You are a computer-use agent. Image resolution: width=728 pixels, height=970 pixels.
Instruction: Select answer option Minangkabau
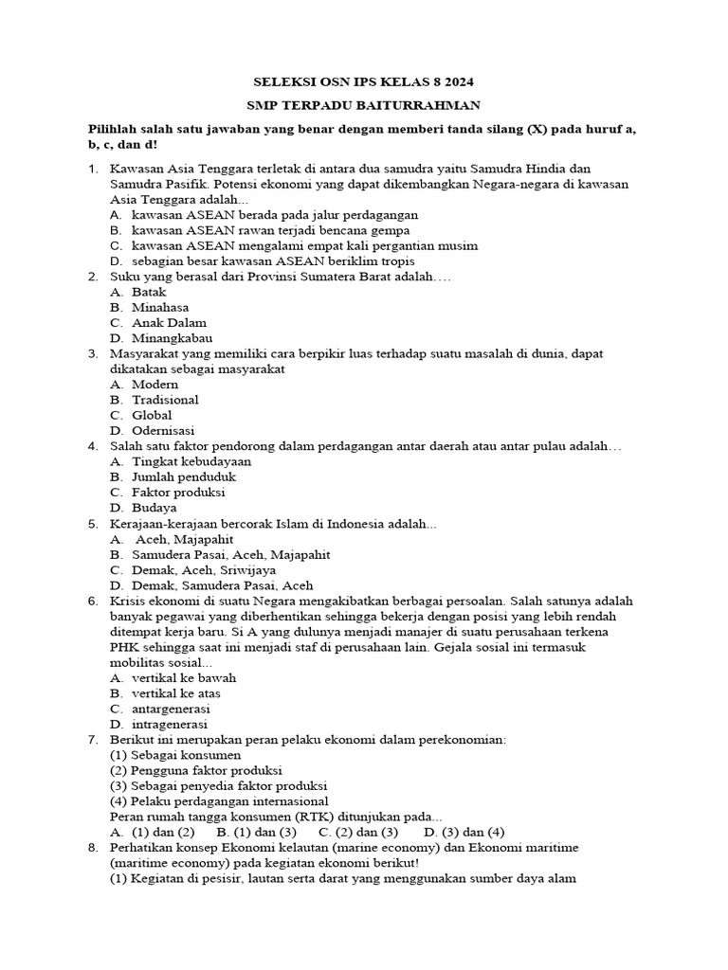172,338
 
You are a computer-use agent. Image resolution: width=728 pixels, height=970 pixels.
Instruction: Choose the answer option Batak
149,292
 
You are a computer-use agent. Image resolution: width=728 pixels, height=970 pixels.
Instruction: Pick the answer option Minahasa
160,307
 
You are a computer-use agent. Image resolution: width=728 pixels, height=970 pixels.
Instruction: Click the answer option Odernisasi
163,430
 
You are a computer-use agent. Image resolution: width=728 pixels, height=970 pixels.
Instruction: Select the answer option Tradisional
165,400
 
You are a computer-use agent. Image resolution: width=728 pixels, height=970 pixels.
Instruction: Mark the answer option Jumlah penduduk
183,476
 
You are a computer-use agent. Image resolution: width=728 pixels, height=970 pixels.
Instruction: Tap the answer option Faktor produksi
178,493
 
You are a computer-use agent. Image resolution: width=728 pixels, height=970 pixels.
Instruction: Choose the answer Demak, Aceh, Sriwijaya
204,570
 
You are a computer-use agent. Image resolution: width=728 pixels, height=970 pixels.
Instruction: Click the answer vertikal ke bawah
184,678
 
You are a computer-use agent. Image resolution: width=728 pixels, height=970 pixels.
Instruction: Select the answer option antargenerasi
171,709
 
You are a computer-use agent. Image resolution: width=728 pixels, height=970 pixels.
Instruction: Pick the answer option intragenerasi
170,725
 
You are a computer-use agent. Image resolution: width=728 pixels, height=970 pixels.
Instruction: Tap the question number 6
93,601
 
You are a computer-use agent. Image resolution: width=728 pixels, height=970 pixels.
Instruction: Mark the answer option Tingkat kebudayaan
191,461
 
